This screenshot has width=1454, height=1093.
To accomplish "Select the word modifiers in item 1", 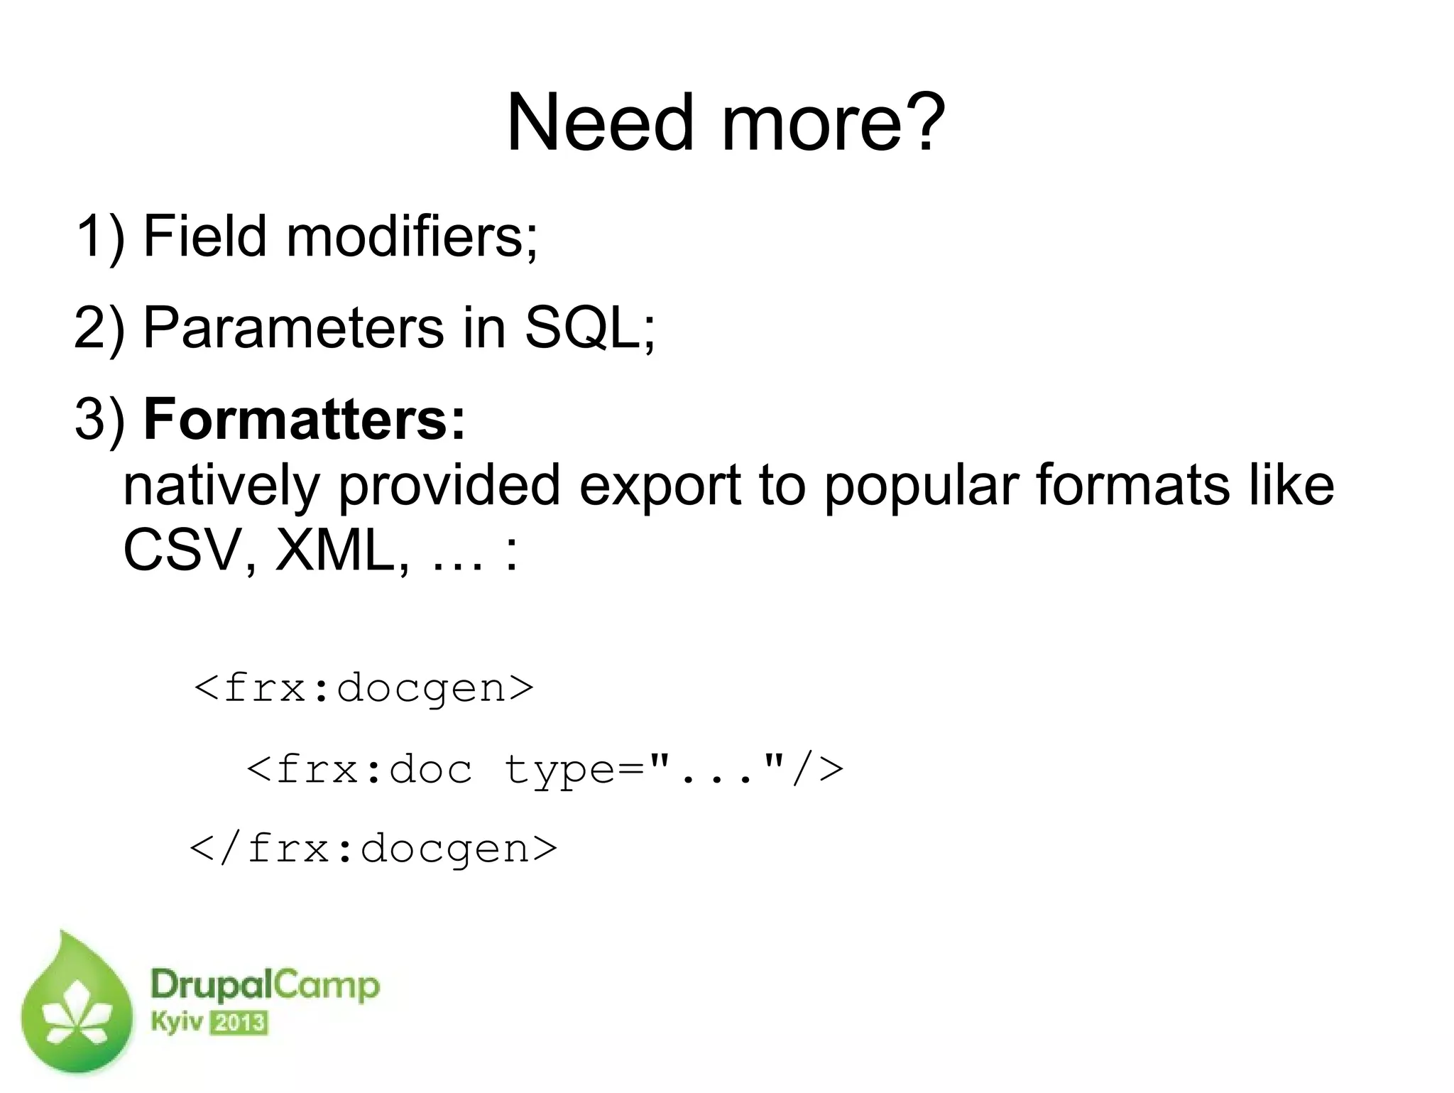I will point(412,236).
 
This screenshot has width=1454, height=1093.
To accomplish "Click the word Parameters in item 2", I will point(293,328).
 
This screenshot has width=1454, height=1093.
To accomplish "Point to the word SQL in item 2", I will point(582,328).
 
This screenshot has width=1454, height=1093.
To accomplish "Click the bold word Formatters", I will point(305,420).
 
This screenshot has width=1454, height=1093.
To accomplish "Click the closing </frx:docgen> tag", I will point(373,848).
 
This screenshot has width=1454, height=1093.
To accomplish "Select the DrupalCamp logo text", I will point(265,986).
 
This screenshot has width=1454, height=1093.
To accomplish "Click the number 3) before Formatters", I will point(100,420).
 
